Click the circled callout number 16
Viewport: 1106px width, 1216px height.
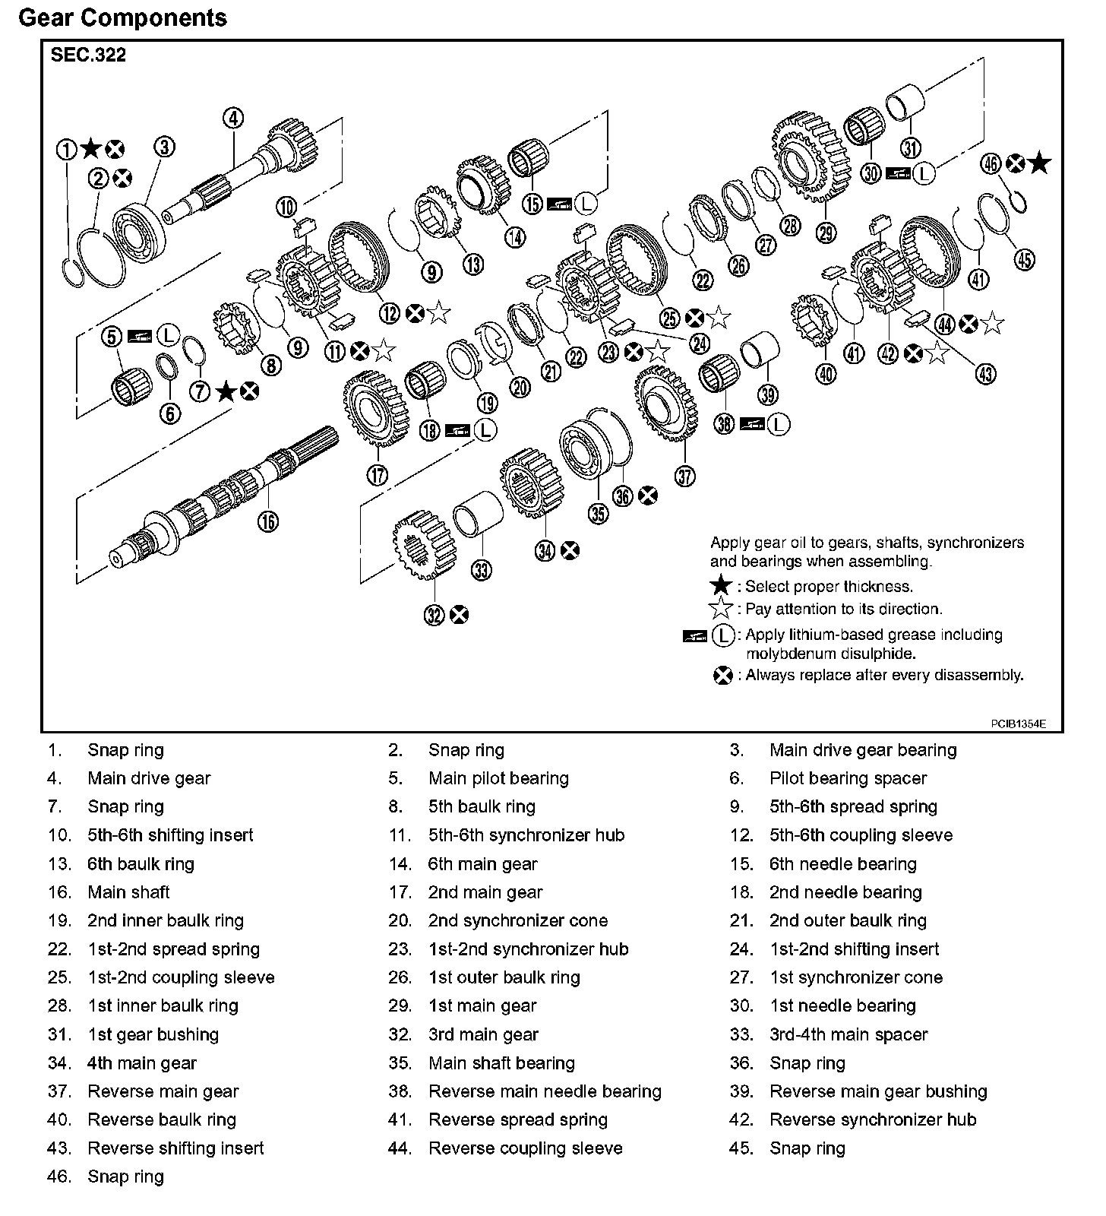click(x=267, y=521)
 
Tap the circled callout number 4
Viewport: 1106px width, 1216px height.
click(x=233, y=119)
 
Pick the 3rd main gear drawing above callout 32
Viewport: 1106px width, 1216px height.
click(x=423, y=546)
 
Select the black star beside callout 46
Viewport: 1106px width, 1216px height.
click(x=1040, y=163)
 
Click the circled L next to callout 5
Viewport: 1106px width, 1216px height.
click(x=169, y=335)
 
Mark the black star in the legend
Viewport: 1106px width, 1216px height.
click(x=720, y=587)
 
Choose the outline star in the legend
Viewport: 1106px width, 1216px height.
click(x=720, y=609)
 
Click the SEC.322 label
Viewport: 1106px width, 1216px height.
click(x=88, y=55)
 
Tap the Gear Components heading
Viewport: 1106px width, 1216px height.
click(x=122, y=17)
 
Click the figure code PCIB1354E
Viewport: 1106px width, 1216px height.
click(x=1018, y=724)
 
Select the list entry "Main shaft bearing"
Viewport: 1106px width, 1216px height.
click(x=501, y=1062)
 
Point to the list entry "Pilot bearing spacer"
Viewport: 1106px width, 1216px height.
click(x=848, y=778)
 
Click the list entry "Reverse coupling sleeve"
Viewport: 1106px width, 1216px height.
click(x=525, y=1148)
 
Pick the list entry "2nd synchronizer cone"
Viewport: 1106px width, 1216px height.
click(x=518, y=920)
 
